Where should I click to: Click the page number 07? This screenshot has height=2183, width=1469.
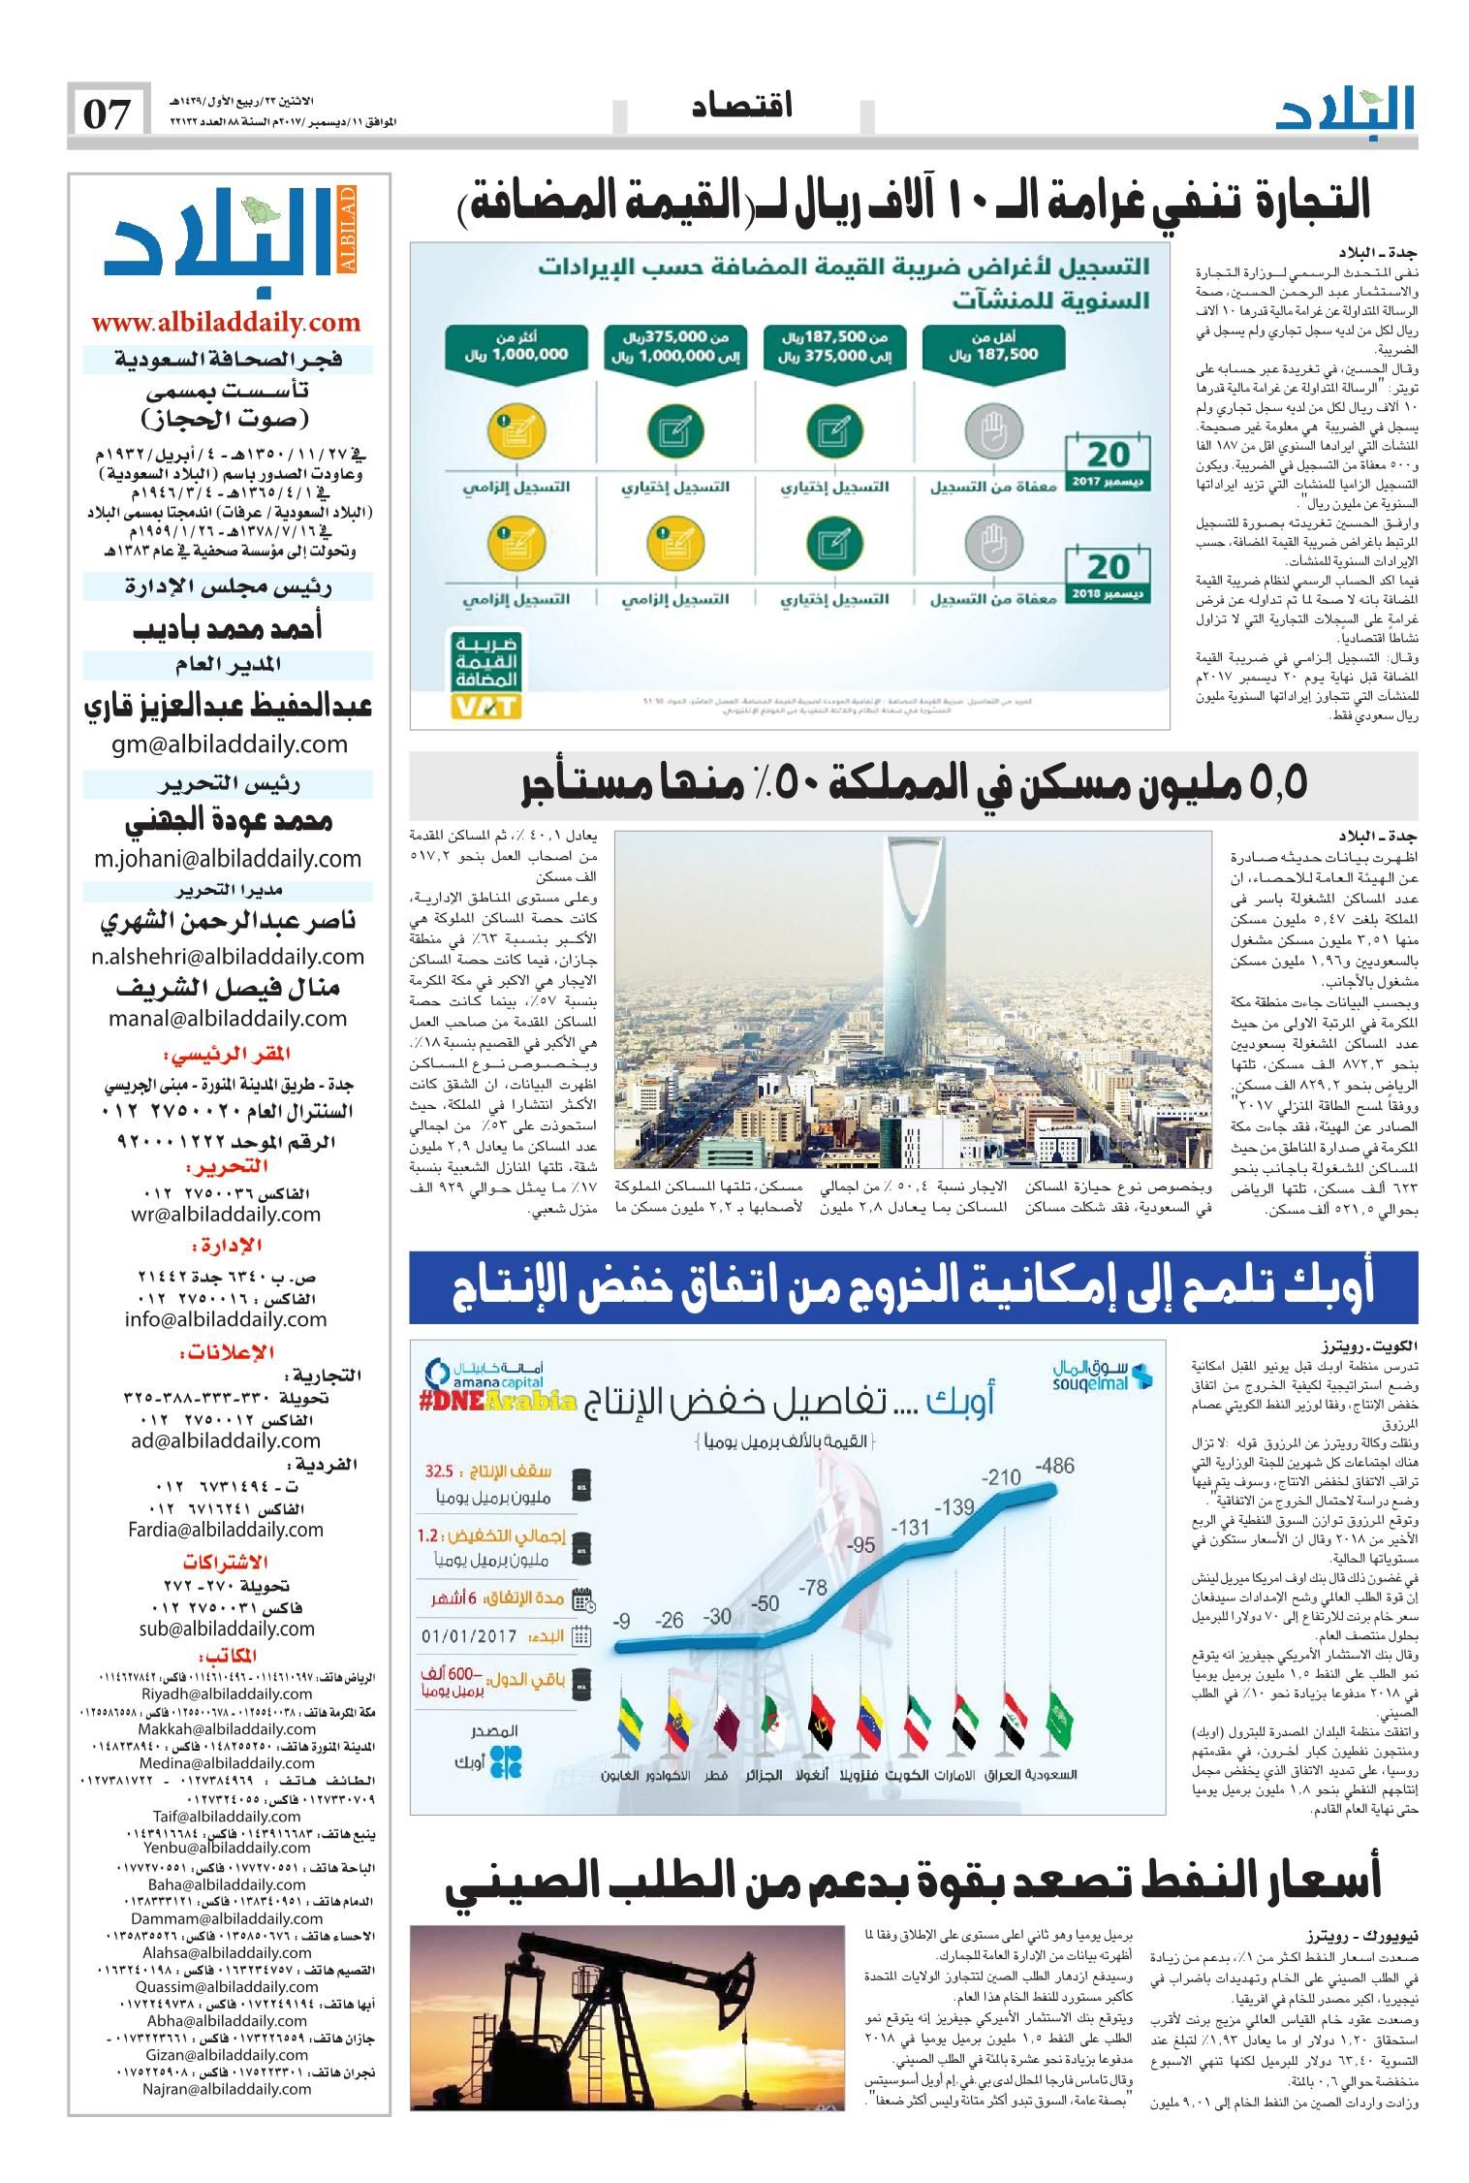pyautogui.click(x=108, y=113)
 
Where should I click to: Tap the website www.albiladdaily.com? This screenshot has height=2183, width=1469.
pyautogui.click(x=227, y=324)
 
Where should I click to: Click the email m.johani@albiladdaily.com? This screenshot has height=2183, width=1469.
pyautogui.click(x=228, y=858)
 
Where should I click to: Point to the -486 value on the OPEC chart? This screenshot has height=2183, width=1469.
pyautogui.click(x=1053, y=1465)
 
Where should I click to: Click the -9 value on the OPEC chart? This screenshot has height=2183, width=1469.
pyautogui.click(x=625, y=1620)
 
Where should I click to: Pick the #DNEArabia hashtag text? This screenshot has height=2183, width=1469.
pyautogui.click(x=500, y=1402)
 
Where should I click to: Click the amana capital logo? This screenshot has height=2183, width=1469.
pyautogui.click(x=473, y=1376)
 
